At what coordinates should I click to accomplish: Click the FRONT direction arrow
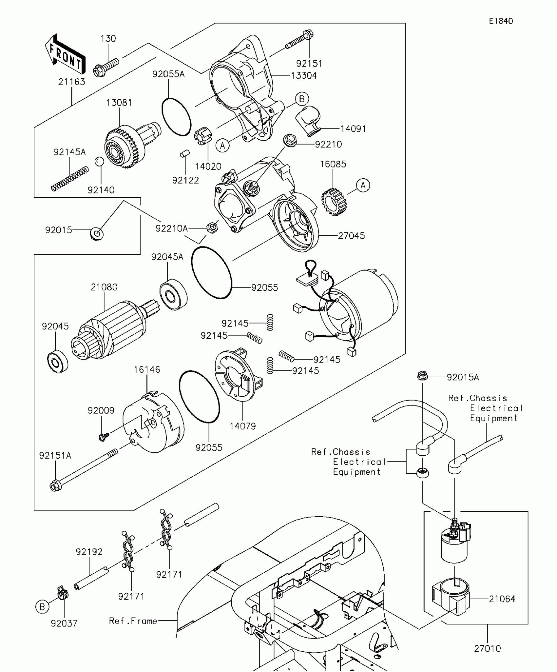(65, 54)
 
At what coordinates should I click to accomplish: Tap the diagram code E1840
(501, 21)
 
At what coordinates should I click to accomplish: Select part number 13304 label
(304, 76)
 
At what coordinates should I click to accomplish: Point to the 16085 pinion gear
(334, 202)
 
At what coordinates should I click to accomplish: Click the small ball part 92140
(99, 162)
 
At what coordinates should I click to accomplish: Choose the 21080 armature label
(104, 287)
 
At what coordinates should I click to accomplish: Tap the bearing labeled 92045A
(174, 294)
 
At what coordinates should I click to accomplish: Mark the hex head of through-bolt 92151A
(55, 485)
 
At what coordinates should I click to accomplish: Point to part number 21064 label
(502, 599)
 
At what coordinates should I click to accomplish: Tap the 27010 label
(487, 648)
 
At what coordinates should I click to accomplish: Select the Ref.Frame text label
(133, 621)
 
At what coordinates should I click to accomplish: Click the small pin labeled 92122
(185, 153)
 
